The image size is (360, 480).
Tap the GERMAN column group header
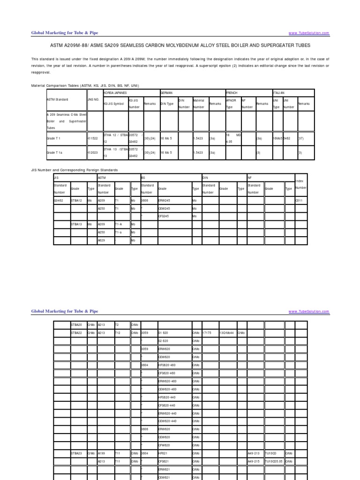166,93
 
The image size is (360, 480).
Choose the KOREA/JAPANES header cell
115,93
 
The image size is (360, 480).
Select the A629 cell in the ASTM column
102,240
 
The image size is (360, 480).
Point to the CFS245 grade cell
164,217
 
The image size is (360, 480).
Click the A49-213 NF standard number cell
254,453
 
